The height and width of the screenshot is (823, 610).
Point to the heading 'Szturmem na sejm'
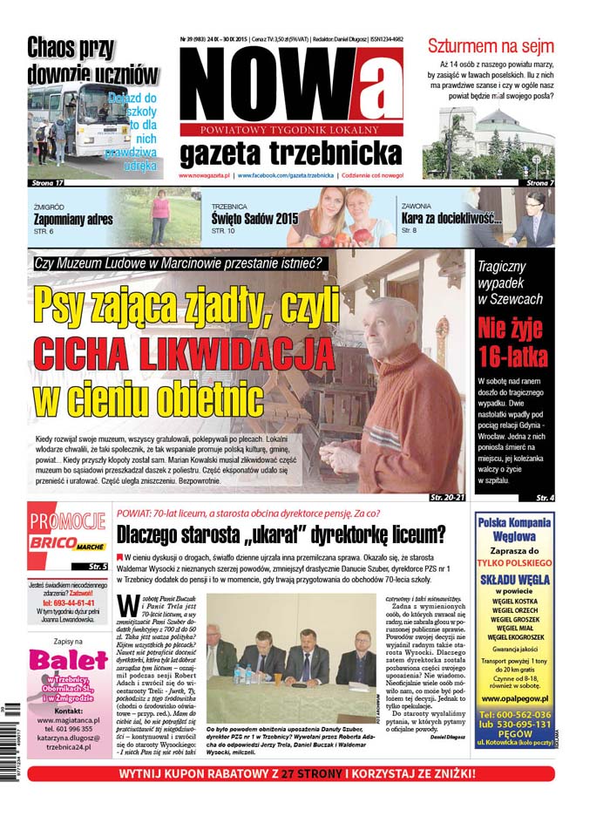pos(489,45)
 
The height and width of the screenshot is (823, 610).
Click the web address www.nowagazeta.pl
pos(204,175)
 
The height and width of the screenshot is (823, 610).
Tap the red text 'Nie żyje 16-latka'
pos(512,341)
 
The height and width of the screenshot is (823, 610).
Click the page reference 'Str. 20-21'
pos(447,497)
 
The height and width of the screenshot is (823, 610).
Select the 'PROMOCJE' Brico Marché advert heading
pos(68,521)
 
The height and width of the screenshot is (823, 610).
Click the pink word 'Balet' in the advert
pos(68,660)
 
